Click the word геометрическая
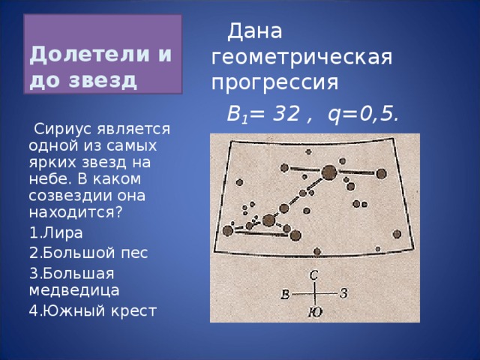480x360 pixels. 302,57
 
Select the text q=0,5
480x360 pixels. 363,115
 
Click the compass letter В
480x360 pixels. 286,294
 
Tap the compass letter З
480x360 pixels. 343,293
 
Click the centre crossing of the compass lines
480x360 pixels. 315,293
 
